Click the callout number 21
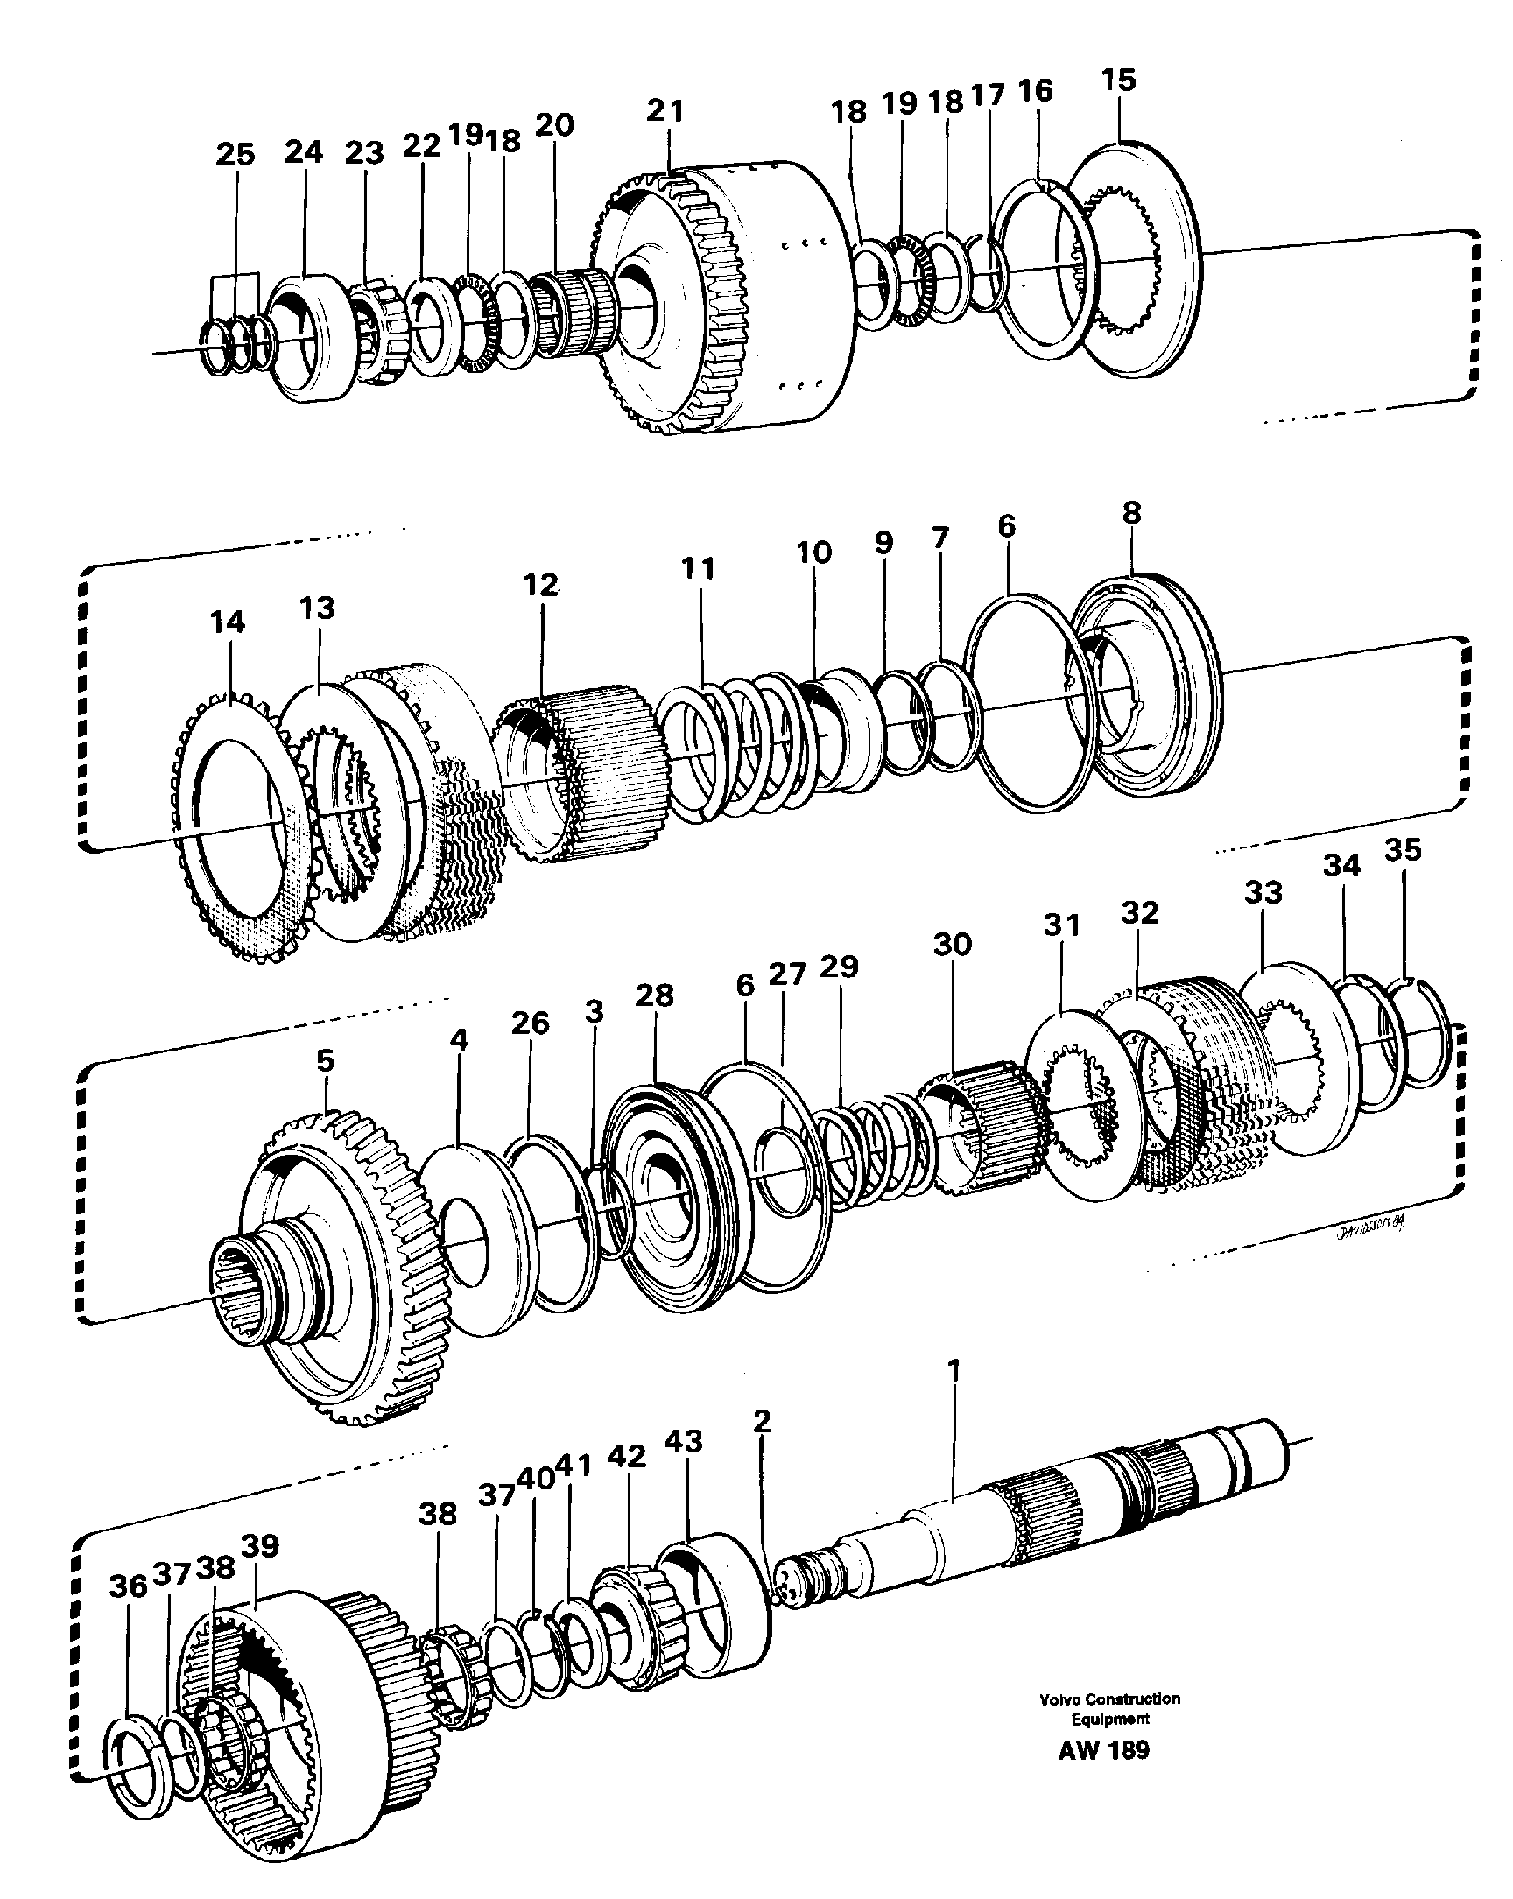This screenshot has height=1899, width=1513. coord(665,111)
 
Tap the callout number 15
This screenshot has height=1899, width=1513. coord(1118,81)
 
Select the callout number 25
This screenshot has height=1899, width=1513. coord(236,155)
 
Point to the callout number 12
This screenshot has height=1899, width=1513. coord(541,585)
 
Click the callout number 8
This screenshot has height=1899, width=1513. coord(1131,512)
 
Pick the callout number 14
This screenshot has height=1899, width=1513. coord(228,622)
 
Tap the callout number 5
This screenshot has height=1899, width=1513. coord(326,1060)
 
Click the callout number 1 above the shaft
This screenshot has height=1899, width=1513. coord(953,1370)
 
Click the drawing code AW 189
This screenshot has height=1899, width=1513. coord(1103,1774)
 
